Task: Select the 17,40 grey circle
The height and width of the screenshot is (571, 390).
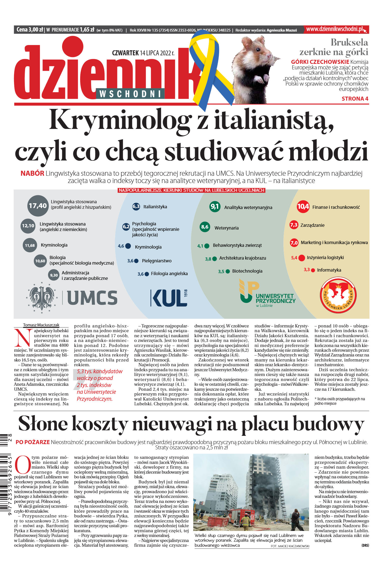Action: point(38,206)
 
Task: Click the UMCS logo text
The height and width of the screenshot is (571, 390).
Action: point(92,298)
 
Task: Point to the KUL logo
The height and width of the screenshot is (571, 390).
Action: point(169,298)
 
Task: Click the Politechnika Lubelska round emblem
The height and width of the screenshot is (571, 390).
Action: point(338,295)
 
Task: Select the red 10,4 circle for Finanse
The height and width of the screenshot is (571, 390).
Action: point(303,207)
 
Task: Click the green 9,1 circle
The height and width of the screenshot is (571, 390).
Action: point(215,207)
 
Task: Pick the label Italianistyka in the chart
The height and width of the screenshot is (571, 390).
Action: point(155,207)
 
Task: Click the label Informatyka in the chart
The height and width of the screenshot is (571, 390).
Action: point(329,270)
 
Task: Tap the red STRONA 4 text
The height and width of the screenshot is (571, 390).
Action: point(355,99)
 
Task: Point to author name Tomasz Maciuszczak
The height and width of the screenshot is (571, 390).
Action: point(41,325)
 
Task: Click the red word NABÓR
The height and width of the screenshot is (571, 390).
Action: point(32,173)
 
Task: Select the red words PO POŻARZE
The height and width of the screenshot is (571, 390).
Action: point(33,442)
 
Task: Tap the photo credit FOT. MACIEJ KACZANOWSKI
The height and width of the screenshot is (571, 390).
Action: point(290,546)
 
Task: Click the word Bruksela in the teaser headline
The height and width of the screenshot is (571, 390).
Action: point(349,42)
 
